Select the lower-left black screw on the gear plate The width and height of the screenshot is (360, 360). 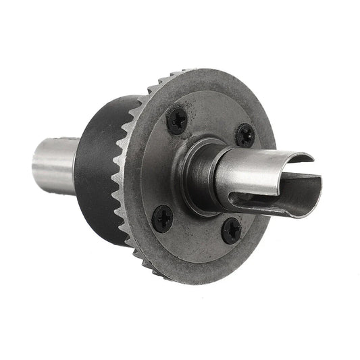tap(163, 217)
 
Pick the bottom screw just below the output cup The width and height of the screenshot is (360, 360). tap(231, 231)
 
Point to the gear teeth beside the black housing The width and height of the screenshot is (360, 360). tap(125, 176)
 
